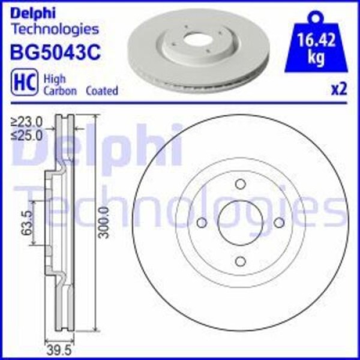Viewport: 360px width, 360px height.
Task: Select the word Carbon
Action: [x=59, y=91]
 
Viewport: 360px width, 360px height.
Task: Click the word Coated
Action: [x=102, y=91]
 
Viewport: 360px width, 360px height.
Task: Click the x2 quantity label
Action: [x=339, y=90]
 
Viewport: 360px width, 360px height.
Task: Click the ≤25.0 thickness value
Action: [x=26, y=135]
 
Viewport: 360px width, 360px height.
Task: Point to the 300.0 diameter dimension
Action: [x=104, y=222]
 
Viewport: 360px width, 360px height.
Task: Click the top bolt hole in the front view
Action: [x=240, y=184]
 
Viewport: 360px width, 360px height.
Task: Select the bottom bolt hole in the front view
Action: [x=240, y=261]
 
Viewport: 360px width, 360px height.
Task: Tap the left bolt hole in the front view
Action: [x=202, y=223]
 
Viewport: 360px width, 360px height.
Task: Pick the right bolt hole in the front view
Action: [x=278, y=223]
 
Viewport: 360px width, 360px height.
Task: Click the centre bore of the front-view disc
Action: [x=240, y=223]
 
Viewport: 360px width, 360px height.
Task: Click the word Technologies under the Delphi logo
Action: [x=55, y=28]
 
